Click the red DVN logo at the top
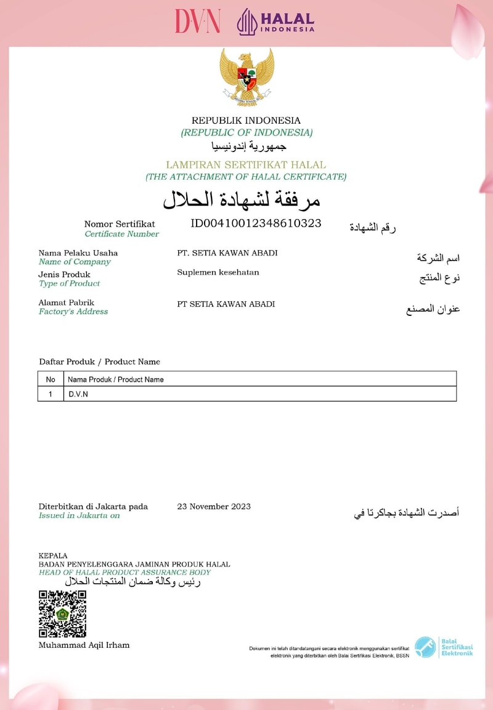click(x=197, y=21)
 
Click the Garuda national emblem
click(x=246, y=77)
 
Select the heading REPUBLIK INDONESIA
click(x=246, y=121)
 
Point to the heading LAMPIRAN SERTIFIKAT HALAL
click(x=246, y=165)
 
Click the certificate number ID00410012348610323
click(x=256, y=223)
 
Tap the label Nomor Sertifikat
click(x=120, y=224)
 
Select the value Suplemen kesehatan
click(x=218, y=272)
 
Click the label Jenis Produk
click(x=64, y=275)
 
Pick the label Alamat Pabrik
click(x=66, y=302)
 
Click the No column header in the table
click(x=51, y=379)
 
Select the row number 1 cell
click(x=51, y=394)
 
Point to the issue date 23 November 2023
click(x=214, y=507)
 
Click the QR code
click(x=62, y=614)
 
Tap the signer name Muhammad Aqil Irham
click(x=84, y=645)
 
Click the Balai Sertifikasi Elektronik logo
click(x=444, y=647)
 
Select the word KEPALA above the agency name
click(x=53, y=555)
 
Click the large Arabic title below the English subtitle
click(x=242, y=200)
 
